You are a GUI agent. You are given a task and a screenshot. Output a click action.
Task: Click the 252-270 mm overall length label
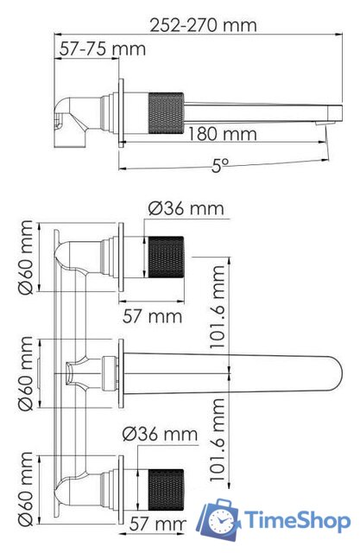tap(203, 25)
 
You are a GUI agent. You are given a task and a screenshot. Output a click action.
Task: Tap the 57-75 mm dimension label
tap(102, 48)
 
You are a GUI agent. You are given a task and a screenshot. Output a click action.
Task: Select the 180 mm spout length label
tap(222, 134)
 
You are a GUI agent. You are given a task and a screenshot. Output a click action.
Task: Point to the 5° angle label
tap(220, 165)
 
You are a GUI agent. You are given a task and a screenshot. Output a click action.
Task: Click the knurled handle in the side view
tap(167, 113)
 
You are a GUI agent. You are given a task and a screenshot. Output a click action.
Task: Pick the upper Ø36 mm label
tap(186, 208)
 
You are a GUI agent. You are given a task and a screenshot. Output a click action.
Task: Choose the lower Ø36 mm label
tap(160, 434)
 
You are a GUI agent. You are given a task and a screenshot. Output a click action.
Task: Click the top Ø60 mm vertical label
tap(26, 257)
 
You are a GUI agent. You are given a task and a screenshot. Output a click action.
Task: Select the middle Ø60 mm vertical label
tap(26, 373)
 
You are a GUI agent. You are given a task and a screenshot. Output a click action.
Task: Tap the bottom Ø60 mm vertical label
tap(26, 489)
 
